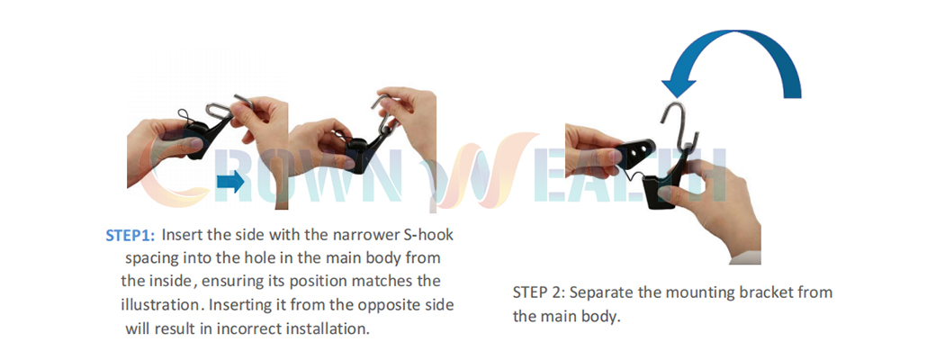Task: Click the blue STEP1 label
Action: click(x=130, y=235)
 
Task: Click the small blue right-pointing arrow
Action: click(x=230, y=182)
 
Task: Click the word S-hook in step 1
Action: click(x=428, y=235)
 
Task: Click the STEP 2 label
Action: click(x=538, y=293)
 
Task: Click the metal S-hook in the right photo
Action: click(x=679, y=129)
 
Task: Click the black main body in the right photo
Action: click(x=662, y=189)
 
